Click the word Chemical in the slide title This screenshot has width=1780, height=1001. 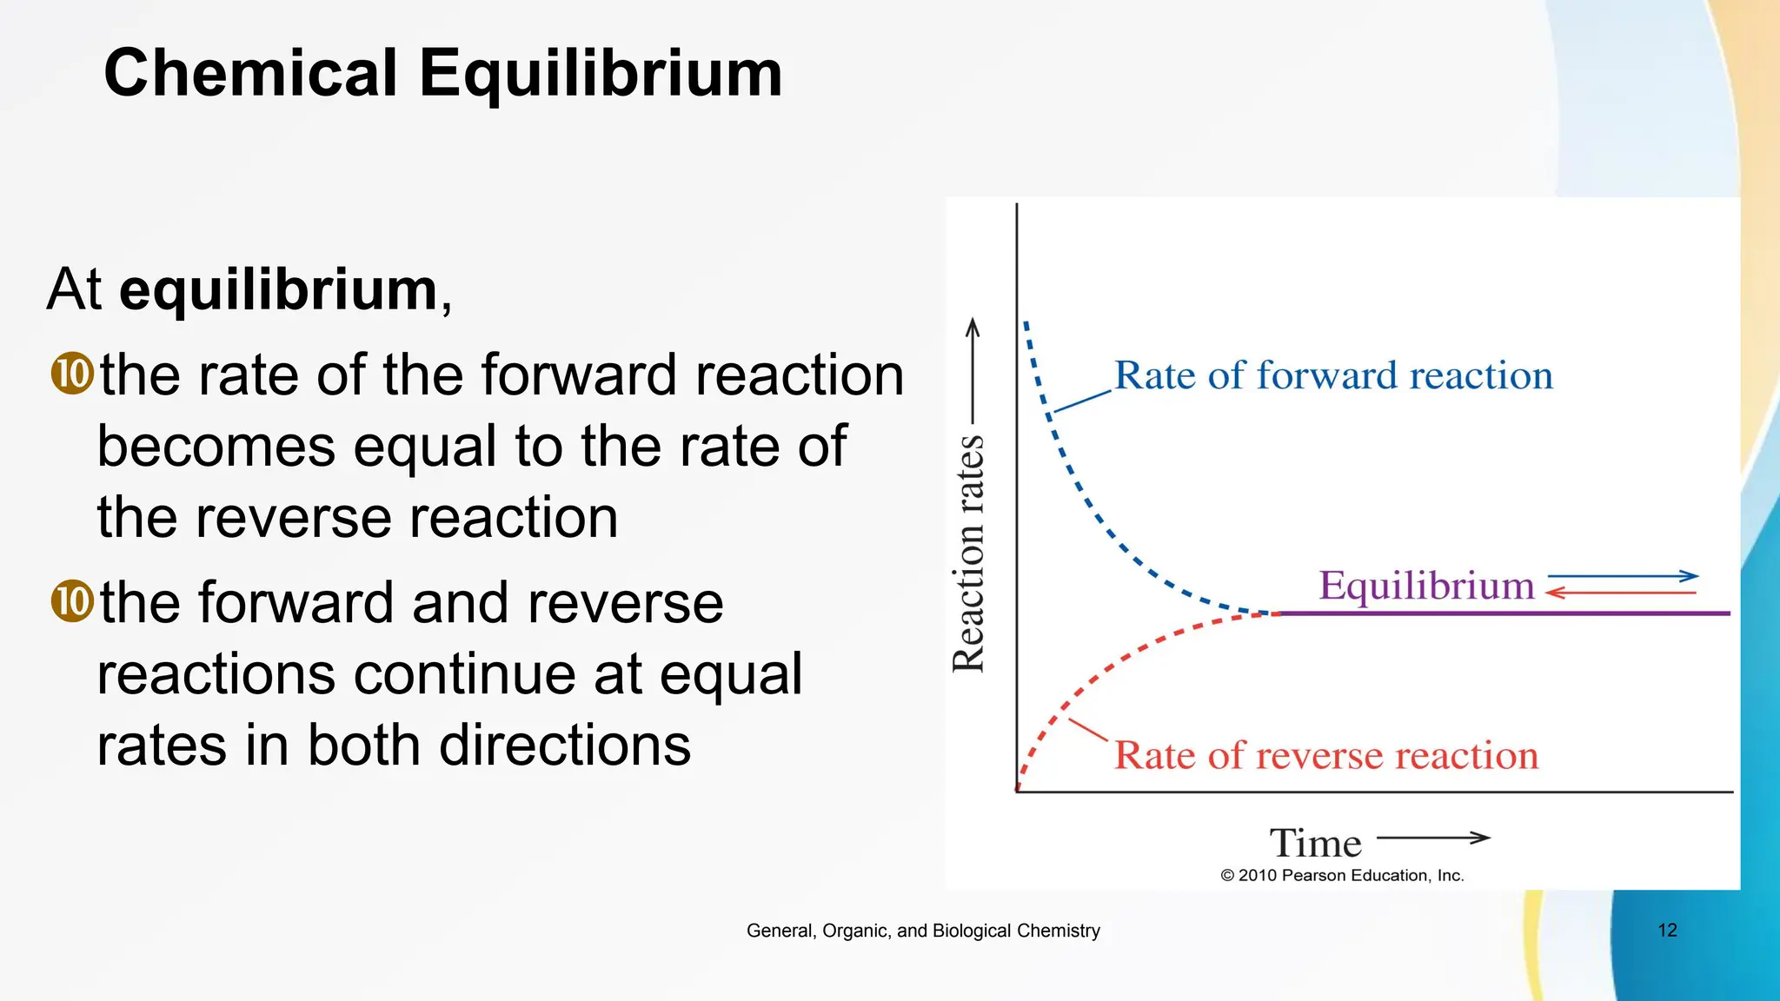[x=250, y=74]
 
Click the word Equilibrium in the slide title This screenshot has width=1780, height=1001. [x=601, y=74]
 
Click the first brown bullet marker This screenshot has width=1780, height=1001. [x=72, y=375]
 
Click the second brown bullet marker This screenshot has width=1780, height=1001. [x=72, y=601]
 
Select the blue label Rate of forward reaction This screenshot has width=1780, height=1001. [x=1333, y=376]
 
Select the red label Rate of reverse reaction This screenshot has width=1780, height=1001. [x=1326, y=755]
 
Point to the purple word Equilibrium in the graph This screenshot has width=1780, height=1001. [x=1426, y=586]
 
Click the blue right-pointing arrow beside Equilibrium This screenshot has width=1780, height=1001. [x=1623, y=576]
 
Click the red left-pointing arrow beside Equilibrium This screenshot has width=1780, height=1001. [x=1621, y=593]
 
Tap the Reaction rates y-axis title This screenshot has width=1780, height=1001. [x=969, y=554]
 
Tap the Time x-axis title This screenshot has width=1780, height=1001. [x=1315, y=843]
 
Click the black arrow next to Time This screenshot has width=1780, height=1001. [x=1433, y=838]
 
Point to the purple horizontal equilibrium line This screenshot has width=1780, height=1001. [x=1504, y=613]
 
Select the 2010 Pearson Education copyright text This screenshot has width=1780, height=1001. [x=1342, y=876]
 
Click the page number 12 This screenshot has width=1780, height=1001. [x=1667, y=931]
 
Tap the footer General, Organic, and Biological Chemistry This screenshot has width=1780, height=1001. [x=923, y=931]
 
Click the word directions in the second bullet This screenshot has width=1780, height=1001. [x=565, y=746]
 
